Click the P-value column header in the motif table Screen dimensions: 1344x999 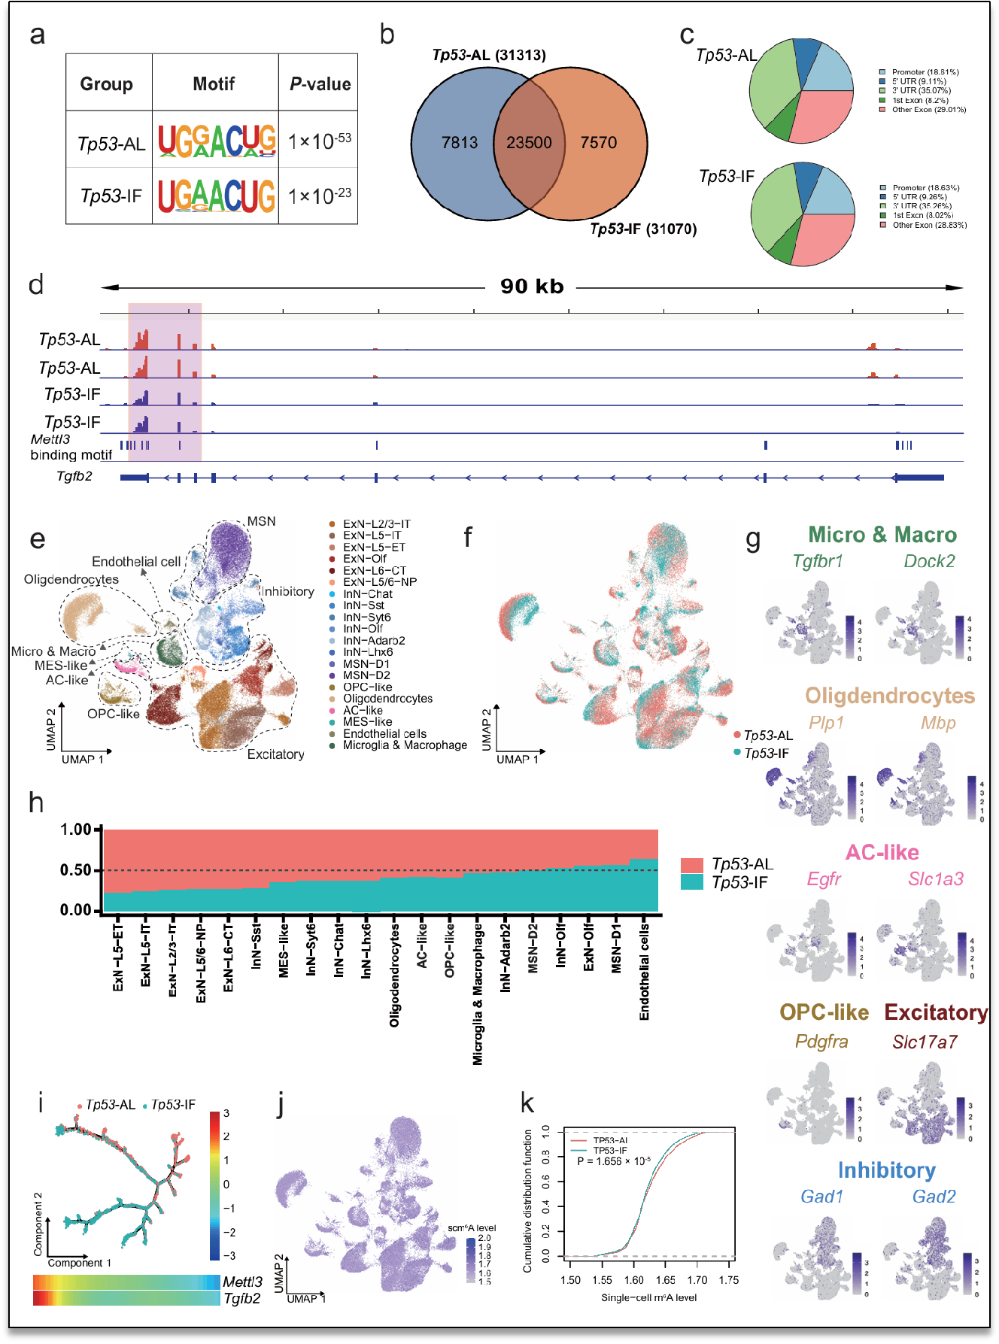320,83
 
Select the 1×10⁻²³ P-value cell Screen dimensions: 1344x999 320,196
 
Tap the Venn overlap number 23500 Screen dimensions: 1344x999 529,142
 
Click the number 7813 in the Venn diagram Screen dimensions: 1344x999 460,142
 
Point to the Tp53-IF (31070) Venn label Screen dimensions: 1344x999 643,229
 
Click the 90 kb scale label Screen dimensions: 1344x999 532,287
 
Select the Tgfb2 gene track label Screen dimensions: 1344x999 74,476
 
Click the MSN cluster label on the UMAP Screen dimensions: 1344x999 261,521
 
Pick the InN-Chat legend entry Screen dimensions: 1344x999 368,594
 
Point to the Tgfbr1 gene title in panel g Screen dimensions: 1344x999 818,561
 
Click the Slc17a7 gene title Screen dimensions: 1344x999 925,1042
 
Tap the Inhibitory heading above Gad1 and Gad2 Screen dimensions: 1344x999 886,1170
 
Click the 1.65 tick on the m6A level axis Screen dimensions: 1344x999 665,1280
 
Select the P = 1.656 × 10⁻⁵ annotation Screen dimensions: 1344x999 614,1161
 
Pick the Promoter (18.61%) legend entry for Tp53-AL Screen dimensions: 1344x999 925,72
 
